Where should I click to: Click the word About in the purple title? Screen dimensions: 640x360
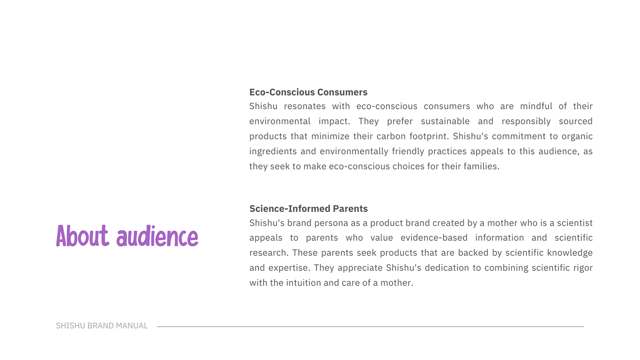click(x=83, y=236)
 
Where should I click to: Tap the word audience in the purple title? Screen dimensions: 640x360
click(x=157, y=236)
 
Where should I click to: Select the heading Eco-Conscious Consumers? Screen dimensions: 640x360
click(x=308, y=92)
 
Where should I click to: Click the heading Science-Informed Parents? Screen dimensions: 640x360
click(x=309, y=209)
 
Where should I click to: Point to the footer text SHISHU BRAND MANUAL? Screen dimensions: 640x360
click(x=101, y=326)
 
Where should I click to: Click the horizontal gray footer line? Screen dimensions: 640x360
click(x=370, y=327)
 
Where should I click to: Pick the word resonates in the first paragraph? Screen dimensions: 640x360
click(x=304, y=106)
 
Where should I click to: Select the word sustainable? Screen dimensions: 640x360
click(x=445, y=122)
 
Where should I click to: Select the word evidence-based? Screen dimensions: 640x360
click(x=434, y=238)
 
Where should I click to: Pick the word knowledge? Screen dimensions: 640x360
click(x=570, y=253)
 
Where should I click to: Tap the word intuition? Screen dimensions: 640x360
click(x=304, y=283)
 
